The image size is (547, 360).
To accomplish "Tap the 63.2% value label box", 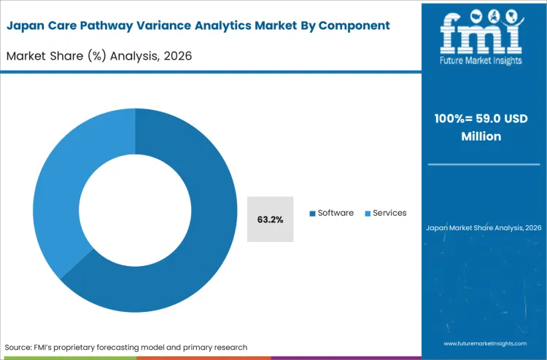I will coord(270,219).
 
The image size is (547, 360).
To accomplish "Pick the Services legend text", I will coord(389,213).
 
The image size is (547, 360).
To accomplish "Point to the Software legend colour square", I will coord(313,214).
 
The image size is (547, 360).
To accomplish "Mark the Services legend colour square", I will coord(368,214).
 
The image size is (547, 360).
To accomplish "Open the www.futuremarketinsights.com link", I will coord(484,342).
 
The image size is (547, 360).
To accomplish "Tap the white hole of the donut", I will coord(135,211).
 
